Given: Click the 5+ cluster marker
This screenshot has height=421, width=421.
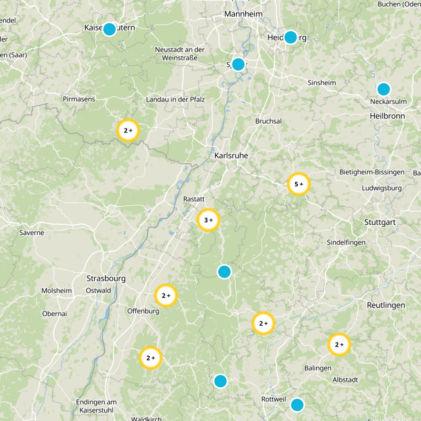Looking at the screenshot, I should (299, 184).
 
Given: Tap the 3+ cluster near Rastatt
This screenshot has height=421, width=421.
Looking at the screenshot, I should (208, 220).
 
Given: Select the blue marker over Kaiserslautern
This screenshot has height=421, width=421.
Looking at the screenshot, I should (109, 29).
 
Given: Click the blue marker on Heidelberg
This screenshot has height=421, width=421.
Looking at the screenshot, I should (290, 37).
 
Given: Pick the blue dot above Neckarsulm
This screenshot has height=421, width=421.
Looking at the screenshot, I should (384, 89).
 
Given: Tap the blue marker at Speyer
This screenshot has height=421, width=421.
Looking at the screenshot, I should (238, 64).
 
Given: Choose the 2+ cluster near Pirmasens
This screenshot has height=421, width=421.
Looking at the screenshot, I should (128, 131).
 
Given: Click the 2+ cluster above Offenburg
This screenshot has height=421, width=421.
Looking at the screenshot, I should (166, 296).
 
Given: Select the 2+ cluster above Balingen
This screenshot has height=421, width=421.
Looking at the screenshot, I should (339, 345).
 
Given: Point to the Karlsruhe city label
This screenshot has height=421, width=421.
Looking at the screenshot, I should (231, 156).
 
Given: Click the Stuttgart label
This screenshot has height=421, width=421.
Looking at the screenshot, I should (379, 223).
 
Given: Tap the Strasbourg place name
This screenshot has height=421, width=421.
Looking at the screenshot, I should (106, 278).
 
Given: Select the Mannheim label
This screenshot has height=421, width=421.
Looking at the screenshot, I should (243, 14).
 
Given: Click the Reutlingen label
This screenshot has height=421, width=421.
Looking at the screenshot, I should (386, 305).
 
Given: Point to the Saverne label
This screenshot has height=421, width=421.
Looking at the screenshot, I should (32, 232).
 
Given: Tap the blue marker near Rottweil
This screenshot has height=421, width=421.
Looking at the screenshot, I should (297, 405).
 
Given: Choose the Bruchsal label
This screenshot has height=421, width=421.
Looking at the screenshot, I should (268, 121).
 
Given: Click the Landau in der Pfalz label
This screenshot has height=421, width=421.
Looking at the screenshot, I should (175, 99).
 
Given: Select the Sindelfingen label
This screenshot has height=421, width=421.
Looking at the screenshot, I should (345, 242).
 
